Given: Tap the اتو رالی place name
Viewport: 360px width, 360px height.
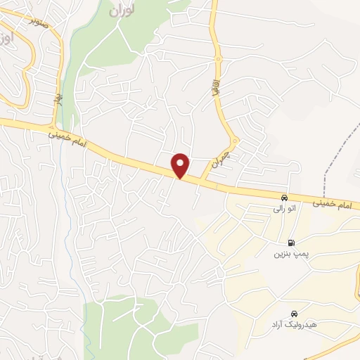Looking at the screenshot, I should pyautogui.click(x=284, y=209).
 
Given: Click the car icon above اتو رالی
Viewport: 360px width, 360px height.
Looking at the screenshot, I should pyautogui.click(x=284, y=198).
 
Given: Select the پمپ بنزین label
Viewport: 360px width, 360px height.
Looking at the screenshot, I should pyautogui.click(x=288, y=253).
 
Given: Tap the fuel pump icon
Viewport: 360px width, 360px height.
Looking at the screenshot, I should pyautogui.click(x=291, y=242).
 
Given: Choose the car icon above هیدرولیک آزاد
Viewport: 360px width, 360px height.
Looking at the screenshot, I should pyautogui.click(x=293, y=314).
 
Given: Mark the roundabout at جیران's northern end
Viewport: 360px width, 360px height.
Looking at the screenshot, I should pyautogui.click(x=235, y=139).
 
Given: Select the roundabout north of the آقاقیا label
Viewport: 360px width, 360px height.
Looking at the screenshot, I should pyautogui.click(x=218, y=59).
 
